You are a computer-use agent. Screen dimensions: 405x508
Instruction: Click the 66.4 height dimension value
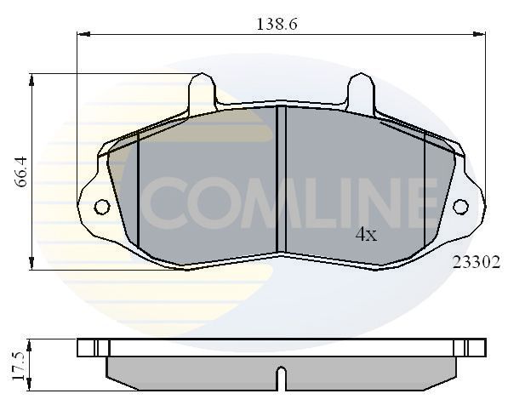[24, 171]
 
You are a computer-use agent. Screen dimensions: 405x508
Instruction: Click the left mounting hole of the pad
[101, 206]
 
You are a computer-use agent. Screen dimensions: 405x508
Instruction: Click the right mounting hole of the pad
[460, 206]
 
